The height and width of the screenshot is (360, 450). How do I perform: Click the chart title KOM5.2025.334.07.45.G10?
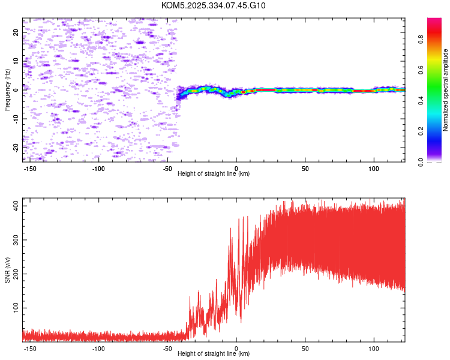pyautogui.click(x=213, y=6)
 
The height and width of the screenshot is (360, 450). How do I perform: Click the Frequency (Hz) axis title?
pyautogui.click(x=7, y=90)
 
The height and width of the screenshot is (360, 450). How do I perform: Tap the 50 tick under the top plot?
pyautogui.click(x=305, y=167)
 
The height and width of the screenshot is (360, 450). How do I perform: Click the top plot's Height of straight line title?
pyautogui.click(x=214, y=173)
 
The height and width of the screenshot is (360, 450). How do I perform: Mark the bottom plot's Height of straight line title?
pyautogui.click(x=214, y=354)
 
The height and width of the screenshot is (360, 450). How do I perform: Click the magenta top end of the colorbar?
pyautogui.click(x=434, y=21)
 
